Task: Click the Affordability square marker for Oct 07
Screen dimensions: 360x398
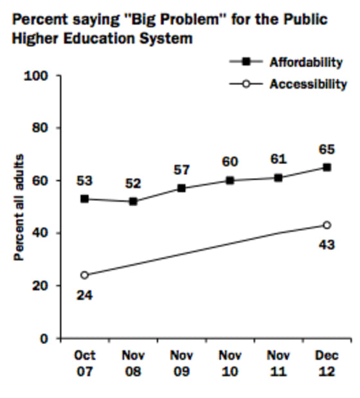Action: click(x=84, y=199)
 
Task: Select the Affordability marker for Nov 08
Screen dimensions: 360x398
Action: click(x=133, y=201)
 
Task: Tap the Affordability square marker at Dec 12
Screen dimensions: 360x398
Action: click(x=327, y=168)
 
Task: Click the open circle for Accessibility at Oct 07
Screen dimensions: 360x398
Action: click(x=84, y=275)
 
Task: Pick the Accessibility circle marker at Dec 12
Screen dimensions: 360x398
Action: click(x=327, y=225)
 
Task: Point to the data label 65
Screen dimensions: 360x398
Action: click(x=327, y=149)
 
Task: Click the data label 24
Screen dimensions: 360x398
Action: click(x=84, y=296)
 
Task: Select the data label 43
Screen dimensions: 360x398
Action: click(x=327, y=245)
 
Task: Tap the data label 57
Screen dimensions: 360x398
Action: click(x=182, y=170)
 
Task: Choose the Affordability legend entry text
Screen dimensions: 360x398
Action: click(x=306, y=62)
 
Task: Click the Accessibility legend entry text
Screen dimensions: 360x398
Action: click(x=308, y=84)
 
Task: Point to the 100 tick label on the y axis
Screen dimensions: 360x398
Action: click(x=35, y=76)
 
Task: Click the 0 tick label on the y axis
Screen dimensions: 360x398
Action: click(x=44, y=338)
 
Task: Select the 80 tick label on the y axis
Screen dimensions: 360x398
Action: click(x=40, y=128)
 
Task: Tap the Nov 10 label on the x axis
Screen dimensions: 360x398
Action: click(x=230, y=363)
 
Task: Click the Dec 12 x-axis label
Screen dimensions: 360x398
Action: click(x=327, y=363)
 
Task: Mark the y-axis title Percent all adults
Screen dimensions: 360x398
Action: click(x=19, y=207)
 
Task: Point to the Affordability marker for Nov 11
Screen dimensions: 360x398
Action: click(x=278, y=178)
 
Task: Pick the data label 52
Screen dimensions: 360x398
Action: click(x=133, y=183)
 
